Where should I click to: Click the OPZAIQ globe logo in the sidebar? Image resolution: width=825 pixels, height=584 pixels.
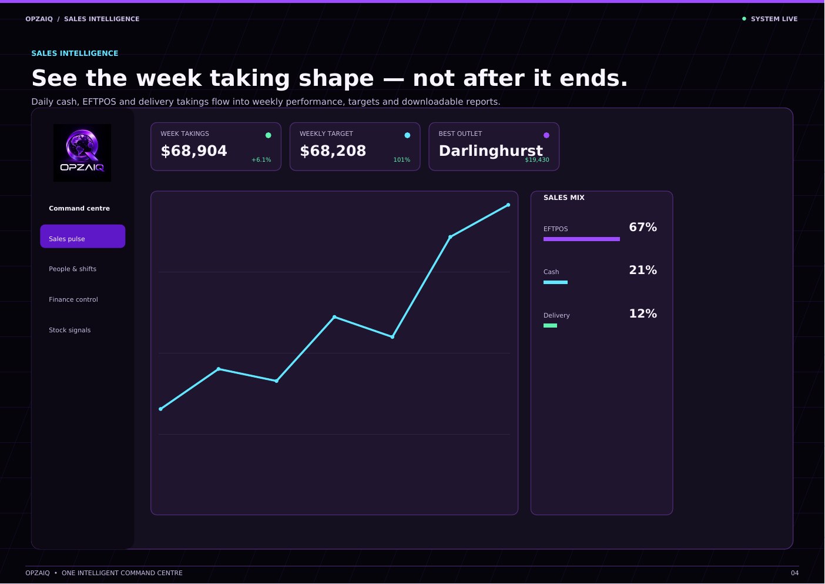click(x=82, y=153)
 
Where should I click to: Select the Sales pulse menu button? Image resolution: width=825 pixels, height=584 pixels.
click(x=82, y=236)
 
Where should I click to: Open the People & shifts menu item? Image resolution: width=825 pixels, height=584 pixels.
click(x=72, y=269)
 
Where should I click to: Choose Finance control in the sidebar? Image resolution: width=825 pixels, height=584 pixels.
click(x=73, y=299)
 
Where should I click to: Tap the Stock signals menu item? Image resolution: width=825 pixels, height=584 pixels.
click(x=69, y=330)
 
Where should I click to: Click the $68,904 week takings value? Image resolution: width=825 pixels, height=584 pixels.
click(x=194, y=151)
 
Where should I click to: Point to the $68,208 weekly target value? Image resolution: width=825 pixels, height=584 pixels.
click(x=333, y=151)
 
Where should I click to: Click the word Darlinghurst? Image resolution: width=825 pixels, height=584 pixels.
click(x=491, y=151)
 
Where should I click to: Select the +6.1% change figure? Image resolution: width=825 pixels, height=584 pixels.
click(x=261, y=159)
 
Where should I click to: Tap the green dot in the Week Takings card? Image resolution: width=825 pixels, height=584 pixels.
click(x=269, y=135)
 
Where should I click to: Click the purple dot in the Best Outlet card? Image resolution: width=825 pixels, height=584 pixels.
click(x=546, y=135)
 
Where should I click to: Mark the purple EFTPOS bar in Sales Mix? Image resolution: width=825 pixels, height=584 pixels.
click(x=582, y=239)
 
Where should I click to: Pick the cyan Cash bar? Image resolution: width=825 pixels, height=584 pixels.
click(x=555, y=282)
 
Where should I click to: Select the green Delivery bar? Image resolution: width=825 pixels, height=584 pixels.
click(x=550, y=326)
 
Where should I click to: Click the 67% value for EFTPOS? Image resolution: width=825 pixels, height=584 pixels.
click(x=643, y=227)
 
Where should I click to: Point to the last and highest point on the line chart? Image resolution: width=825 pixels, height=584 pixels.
click(x=508, y=205)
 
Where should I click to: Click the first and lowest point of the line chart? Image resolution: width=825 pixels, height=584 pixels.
click(x=160, y=409)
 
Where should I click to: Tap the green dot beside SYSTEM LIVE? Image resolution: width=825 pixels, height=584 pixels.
click(x=744, y=19)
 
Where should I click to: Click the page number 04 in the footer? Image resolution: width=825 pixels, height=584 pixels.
click(x=795, y=573)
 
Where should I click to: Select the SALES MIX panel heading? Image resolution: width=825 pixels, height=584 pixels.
click(x=564, y=198)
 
